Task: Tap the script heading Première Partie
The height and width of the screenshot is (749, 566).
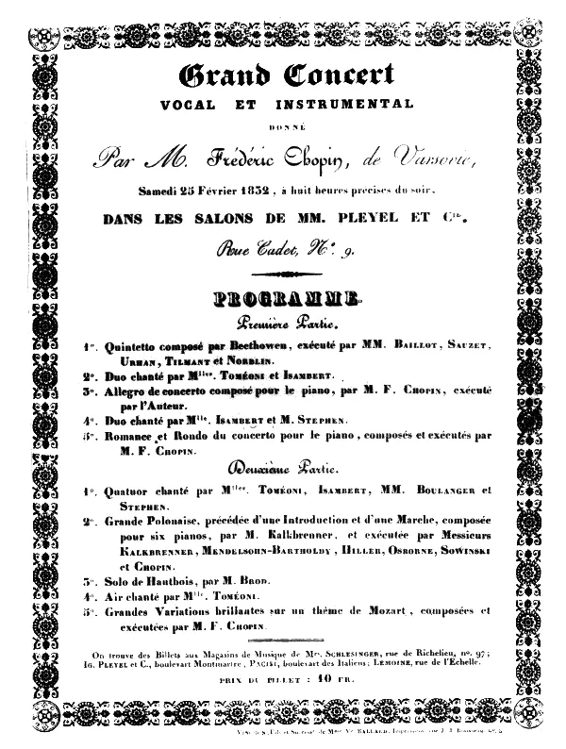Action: pos(280,325)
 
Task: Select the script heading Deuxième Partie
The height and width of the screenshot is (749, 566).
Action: pos(280,468)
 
